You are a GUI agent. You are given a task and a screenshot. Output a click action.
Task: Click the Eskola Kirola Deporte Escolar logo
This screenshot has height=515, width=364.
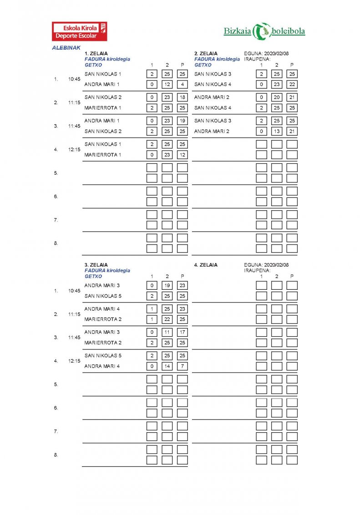coord(80,31)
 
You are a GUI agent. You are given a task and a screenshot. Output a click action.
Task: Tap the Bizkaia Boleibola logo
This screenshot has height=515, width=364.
coord(264,31)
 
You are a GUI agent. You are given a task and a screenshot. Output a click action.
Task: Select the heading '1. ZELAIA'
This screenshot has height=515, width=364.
coord(96,54)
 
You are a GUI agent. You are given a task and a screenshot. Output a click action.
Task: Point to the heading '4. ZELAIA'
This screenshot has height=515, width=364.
coord(206,265)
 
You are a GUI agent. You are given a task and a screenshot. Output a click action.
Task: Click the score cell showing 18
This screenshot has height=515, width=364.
coord(182,97)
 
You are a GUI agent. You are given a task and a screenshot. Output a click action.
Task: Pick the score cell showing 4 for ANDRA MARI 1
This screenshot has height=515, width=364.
coord(182,84)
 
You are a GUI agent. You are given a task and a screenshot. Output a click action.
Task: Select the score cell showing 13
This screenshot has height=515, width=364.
coord(277,131)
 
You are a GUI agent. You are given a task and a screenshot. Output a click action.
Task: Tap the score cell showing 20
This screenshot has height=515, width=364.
coord(277,97)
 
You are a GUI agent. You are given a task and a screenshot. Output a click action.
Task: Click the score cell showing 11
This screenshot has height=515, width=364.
coord(167,332)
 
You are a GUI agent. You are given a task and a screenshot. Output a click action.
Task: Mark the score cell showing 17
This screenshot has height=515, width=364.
coord(182,332)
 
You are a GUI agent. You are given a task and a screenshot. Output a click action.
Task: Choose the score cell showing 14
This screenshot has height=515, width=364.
coord(167,366)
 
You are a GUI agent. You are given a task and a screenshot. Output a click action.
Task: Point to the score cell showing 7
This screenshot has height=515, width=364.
coord(182,366)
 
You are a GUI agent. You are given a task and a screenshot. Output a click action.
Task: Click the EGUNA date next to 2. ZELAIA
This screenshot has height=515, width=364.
coord(266,54)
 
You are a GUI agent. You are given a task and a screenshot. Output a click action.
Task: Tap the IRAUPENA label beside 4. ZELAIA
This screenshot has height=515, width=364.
coord(257,270)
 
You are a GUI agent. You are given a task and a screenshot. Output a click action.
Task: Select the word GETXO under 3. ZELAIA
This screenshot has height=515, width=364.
coord(93,276)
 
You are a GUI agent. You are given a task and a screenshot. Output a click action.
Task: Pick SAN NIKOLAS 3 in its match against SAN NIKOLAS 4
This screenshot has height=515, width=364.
coord(212,74)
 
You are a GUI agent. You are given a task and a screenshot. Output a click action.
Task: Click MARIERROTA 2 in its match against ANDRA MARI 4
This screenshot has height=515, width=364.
coord(103,319)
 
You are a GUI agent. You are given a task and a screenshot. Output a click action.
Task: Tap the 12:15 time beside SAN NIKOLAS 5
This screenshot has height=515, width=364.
coord(74,361)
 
